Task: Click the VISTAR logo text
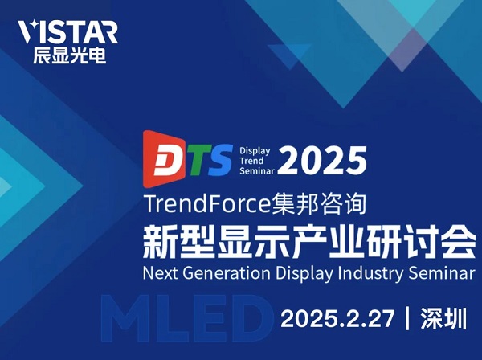coord(67,32)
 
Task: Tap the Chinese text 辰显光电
coord(70,55)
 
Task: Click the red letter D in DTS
coord(169,161)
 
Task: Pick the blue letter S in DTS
coord(219,159)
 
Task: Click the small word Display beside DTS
coord(255,151)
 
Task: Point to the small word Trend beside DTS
coord(251,161)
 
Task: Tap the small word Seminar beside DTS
coord(257,170)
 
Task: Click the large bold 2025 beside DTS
coord(322,160)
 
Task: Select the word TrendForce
coord(206,204)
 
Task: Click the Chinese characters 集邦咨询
coord(318,204)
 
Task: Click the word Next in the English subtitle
coord(161,273)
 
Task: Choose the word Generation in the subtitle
coord(227,273)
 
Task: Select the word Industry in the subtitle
coord(370,273)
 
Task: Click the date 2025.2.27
coord(337,318)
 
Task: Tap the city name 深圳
coord(444,318)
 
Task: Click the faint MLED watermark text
coord(187,318)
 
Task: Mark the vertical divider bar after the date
coord(407,318)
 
